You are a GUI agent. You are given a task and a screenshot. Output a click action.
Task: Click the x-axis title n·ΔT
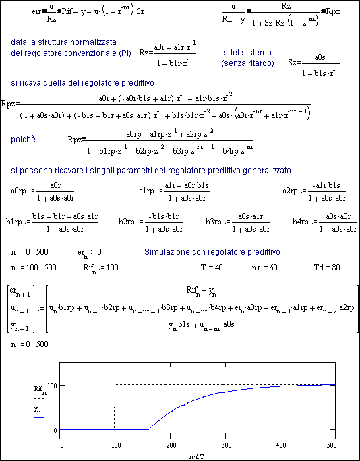click(x=197, y=456)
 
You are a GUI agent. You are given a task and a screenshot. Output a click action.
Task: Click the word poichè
click(x=23, y=140)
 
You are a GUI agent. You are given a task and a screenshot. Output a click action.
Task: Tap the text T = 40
click(x=211, y=268)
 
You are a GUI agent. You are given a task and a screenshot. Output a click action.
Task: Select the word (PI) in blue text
click(x=125, y=53)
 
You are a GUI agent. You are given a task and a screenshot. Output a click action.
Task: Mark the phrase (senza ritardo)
click(x=247, y=63)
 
